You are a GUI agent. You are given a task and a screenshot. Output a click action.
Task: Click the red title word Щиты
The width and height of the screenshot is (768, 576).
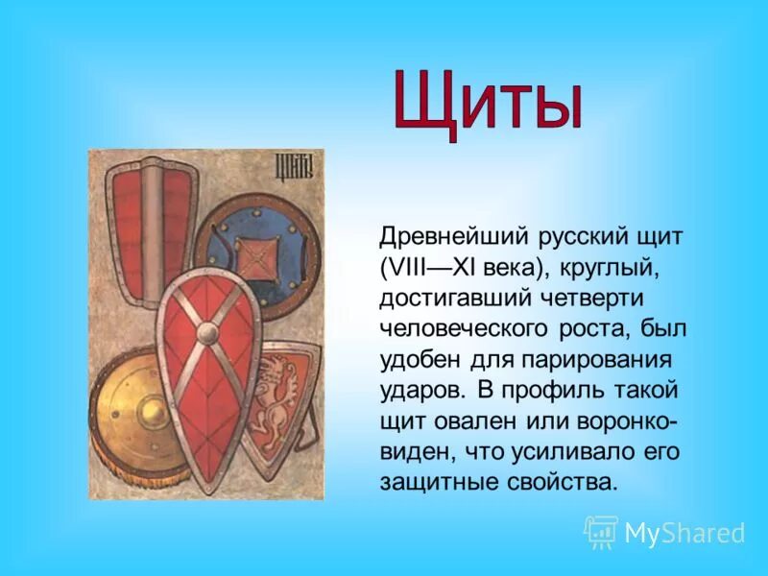pos(488,102)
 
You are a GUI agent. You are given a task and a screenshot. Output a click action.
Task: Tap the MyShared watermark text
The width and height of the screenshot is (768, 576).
pos(684,533)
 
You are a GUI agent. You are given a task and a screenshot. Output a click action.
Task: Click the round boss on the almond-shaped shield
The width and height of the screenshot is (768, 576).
pos(208,333)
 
